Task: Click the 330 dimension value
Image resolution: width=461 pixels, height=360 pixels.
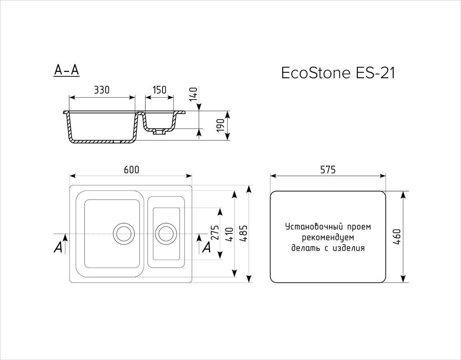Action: point(102,90)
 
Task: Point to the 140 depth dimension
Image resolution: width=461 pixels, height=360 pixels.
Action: point(193,94)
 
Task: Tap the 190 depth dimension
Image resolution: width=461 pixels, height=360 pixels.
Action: point(221,126)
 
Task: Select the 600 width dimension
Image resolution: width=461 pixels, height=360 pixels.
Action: point(131,170)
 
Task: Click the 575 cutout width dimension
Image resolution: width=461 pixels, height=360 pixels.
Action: point(328,170)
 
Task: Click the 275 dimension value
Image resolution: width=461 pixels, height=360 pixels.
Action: point(216,233)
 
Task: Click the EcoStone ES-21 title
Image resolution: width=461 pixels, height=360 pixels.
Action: point(338,73)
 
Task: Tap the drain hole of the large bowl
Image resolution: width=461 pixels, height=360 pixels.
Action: point(124,234)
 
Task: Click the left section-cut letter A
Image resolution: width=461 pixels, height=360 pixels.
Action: point(58,248)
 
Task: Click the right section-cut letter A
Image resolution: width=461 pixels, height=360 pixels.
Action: point(206,247)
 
